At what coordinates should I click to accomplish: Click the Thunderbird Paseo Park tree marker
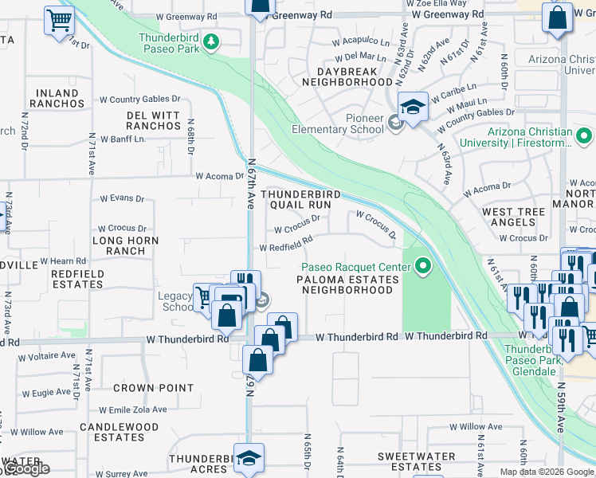point(211,41)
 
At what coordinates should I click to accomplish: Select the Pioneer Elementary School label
point(338,124)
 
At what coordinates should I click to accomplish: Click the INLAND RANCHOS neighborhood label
point(56,99)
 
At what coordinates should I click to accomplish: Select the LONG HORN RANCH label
point(125,245)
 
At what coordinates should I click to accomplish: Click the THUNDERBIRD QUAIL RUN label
point(301,199)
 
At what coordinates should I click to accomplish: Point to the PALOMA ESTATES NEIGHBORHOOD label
point(347,285)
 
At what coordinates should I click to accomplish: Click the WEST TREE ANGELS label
point(513,217)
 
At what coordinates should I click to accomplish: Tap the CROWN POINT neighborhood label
point(153,389)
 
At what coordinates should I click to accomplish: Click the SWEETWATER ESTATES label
point(410,461)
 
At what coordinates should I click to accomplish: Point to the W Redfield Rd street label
point(285,246)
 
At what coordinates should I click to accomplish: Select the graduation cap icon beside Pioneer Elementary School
point(414,107)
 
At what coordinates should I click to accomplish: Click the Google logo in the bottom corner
point(25,469)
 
